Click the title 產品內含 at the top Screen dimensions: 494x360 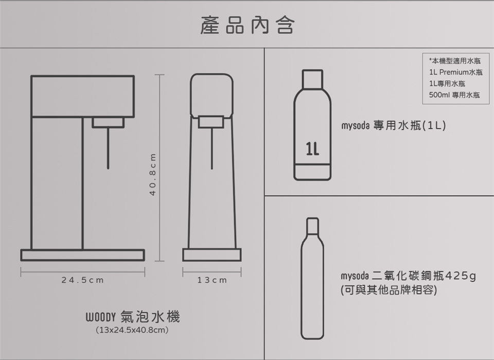248,25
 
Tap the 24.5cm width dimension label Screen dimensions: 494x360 82,280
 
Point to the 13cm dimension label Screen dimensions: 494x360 212,280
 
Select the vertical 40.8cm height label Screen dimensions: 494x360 153,174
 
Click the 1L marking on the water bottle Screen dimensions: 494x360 312,149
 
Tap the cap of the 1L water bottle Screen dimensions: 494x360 312,79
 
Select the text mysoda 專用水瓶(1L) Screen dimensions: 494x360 394,126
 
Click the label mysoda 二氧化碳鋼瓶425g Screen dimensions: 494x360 408,276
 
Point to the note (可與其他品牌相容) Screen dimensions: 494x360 389,290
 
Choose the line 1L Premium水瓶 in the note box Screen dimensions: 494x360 455,72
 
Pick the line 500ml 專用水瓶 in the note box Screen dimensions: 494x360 454,95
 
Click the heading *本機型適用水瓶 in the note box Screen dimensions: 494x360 454,61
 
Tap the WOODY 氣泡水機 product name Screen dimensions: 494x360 133,317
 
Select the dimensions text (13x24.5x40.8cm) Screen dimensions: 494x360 132,330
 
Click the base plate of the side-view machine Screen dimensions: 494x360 82,255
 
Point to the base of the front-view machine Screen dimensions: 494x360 211,255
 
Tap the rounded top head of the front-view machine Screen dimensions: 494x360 211,95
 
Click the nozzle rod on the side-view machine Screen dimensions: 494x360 108,148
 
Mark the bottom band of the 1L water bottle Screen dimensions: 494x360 312,172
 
